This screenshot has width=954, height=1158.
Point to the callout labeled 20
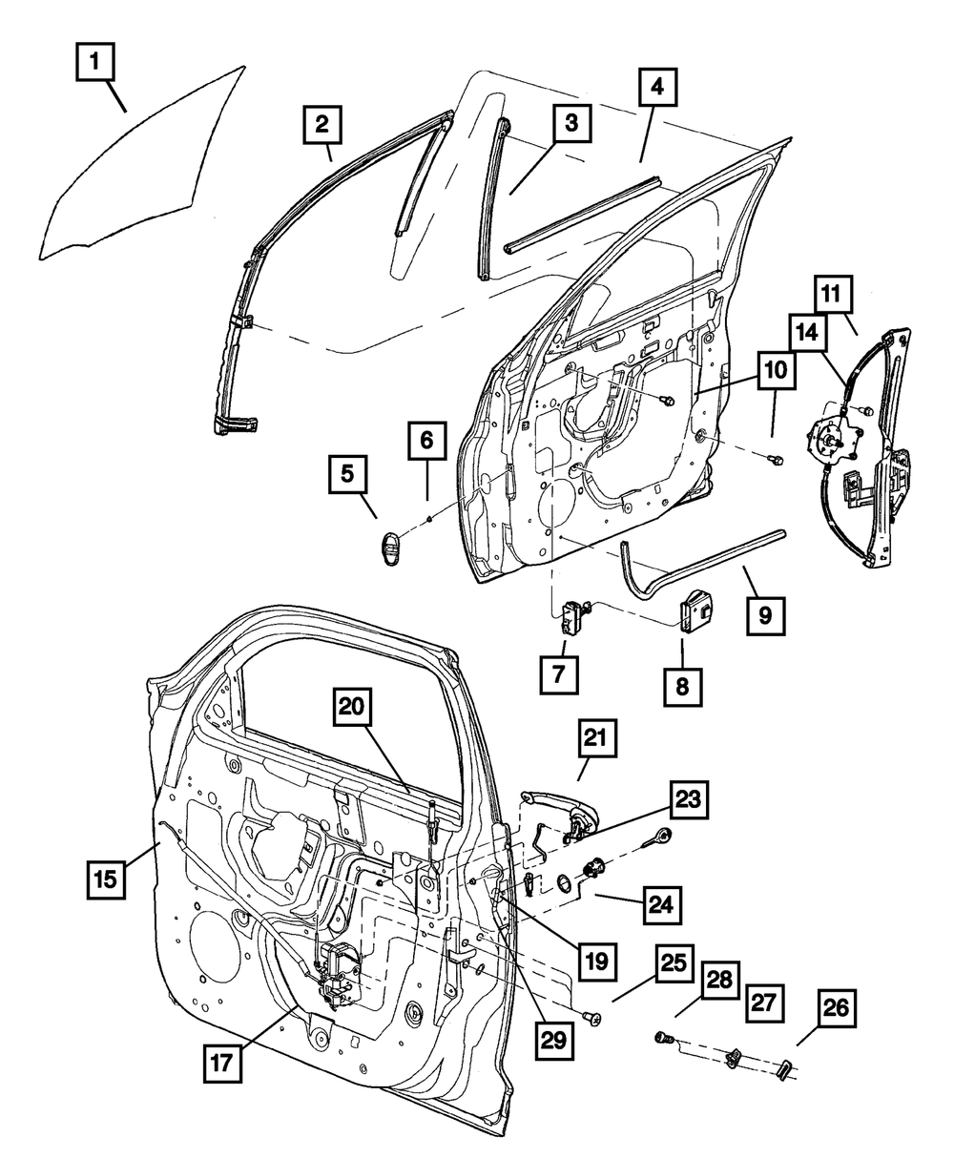[x=352, y=710]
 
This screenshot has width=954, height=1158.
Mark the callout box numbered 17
[x=220, y=1062]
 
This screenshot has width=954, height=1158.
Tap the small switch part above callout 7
[x=573, y=614]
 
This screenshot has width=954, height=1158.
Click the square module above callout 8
[x=695, y=608]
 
